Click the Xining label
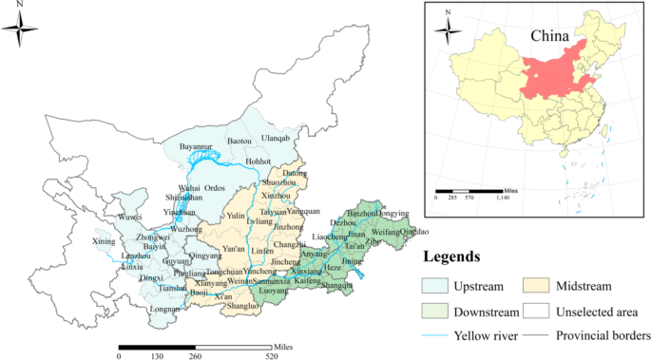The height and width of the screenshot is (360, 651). coord(103,242)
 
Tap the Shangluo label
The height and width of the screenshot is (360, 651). coord(243,306)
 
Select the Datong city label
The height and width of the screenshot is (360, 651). coord(296,175)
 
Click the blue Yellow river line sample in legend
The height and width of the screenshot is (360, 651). coord(435,334)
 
